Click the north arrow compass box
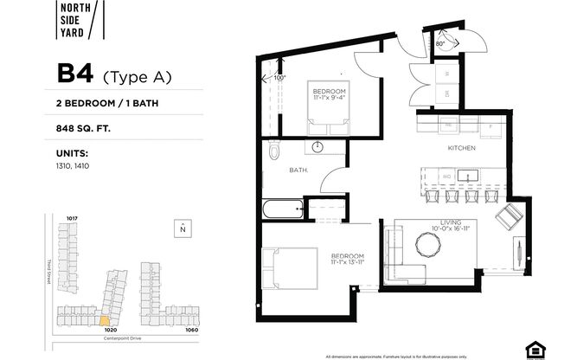pos(182,228)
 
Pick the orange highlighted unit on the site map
pos(106,322)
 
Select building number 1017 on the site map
pos(73,218)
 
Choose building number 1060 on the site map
pos(191,329)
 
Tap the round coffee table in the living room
pos(428,247)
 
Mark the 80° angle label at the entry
pos(440,42)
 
